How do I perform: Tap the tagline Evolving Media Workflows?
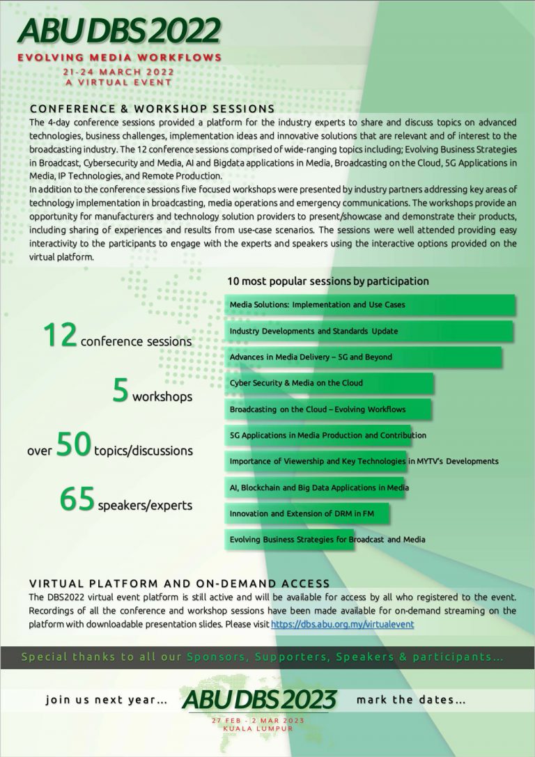click(119, 57)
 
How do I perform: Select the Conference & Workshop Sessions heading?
click(152, 109)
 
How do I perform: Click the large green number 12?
click(59, 336)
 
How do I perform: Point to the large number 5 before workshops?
click(121, 391)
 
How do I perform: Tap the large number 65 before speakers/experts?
click(77, 499)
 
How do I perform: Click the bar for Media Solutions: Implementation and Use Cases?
click(369, 305)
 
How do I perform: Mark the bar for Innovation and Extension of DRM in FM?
click(306, 513)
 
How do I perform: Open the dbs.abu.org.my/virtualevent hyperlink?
click(342, 625)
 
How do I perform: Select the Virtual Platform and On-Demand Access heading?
click(179, 584)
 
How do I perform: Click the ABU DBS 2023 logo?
click(259, 700)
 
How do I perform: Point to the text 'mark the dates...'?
click(411, 700)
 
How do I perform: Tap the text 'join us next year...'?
click(106, 700)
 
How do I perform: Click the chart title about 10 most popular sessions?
click(327, 281)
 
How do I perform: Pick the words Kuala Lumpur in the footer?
click(258, 728)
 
